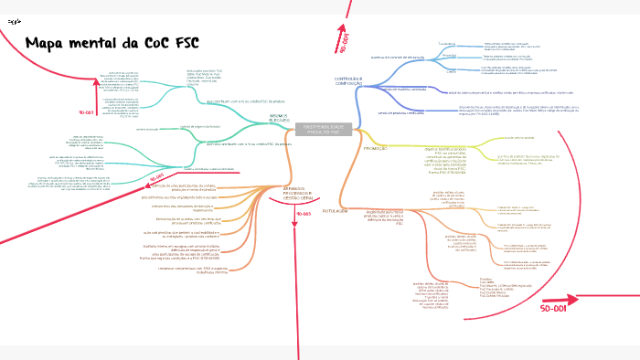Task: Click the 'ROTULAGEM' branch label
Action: tap(336, 209)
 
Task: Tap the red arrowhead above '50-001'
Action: tap(574, 297)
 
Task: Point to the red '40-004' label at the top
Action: tap(345, 43)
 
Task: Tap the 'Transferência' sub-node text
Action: tap(446, 43)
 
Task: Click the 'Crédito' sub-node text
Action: tap(449, 68)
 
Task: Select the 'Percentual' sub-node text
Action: tap(448, 55)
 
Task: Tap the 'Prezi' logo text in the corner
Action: tap(13, 19)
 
